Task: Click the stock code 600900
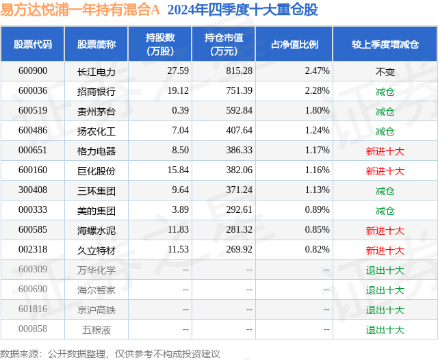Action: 33,71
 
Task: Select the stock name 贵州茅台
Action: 96,111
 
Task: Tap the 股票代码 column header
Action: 33,44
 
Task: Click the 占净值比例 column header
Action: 294,44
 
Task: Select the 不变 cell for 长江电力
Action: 385,71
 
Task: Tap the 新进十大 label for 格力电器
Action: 385,151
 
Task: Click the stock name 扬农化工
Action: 96,131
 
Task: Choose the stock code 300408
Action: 33,191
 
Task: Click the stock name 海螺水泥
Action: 96,231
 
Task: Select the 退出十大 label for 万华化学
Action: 385,270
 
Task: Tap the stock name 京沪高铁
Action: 96,310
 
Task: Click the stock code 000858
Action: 33,329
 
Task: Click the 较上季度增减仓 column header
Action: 385,44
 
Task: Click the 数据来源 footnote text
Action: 109,353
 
